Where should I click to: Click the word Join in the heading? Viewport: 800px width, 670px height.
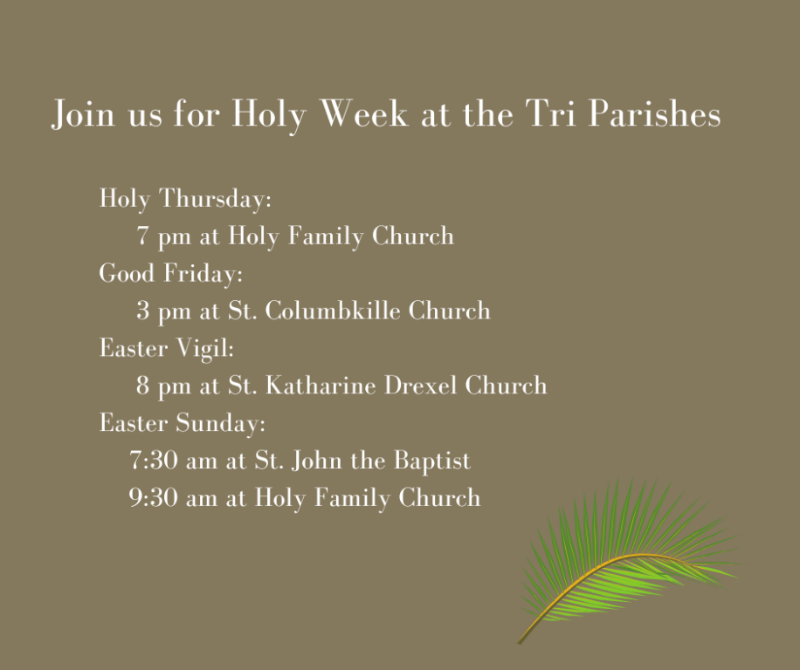tap(83, 114)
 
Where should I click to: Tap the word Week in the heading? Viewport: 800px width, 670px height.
tap(364, 113)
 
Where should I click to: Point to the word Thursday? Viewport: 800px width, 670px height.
tap(216, 198)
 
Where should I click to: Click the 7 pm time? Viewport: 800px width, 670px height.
tap(163, 236)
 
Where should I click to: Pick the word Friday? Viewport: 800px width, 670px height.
tap(203, 273)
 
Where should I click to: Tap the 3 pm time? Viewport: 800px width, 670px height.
tap(163, 311)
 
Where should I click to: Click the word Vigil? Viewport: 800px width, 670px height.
tap(205, 348)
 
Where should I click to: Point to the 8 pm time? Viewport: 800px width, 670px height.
tap(163, 386)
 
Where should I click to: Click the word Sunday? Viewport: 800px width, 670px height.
tap(221, 423)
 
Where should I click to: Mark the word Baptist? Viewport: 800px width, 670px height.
tap(431, 460)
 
